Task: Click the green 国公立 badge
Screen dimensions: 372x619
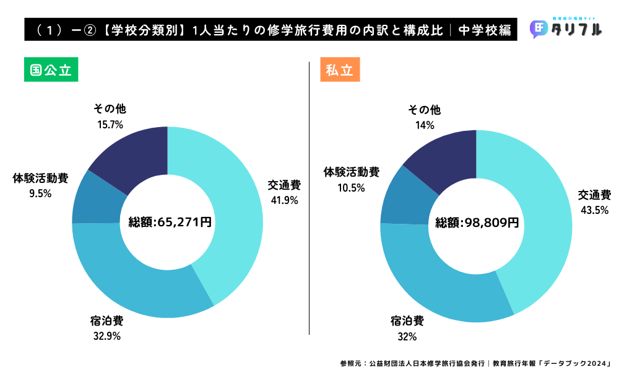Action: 51,69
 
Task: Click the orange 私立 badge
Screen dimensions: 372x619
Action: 340,69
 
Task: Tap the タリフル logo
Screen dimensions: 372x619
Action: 566,29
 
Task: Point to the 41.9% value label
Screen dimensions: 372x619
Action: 284,200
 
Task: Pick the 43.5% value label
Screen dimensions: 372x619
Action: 594,210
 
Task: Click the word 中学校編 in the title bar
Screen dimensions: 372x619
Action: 485,30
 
